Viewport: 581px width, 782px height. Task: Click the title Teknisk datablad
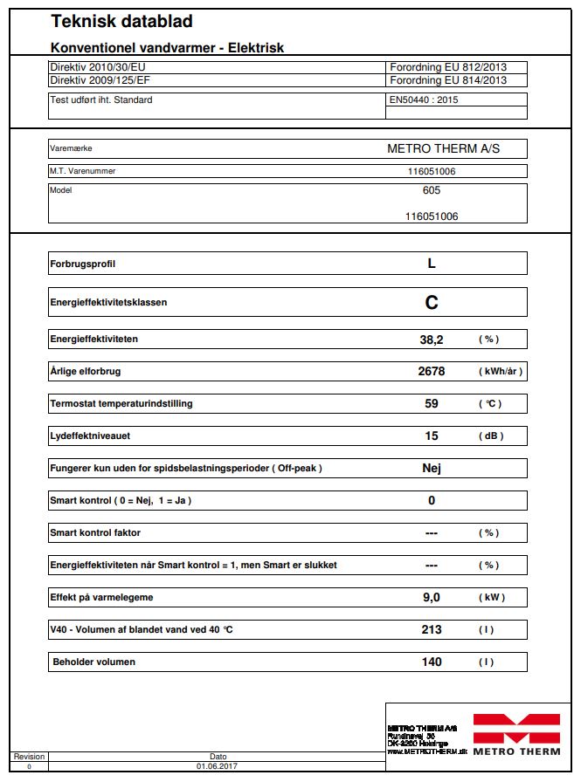121,22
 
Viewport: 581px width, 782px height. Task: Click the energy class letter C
431,303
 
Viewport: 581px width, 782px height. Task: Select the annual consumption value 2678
431,371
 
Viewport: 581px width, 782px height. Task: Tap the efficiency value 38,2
431,339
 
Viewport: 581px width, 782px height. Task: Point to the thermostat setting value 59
431,404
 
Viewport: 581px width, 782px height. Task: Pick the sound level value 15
431,436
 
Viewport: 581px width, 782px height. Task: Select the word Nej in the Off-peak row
431,468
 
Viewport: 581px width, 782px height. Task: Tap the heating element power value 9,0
431,598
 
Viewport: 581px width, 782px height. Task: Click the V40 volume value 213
431,629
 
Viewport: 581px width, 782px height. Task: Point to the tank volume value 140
431,662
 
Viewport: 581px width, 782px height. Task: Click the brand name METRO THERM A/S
444,149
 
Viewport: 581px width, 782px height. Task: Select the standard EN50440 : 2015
424,99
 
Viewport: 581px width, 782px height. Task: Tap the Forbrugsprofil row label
82,264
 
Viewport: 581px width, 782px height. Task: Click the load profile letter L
431,263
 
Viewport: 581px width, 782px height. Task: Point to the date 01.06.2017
218,766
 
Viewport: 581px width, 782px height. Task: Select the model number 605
431,190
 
